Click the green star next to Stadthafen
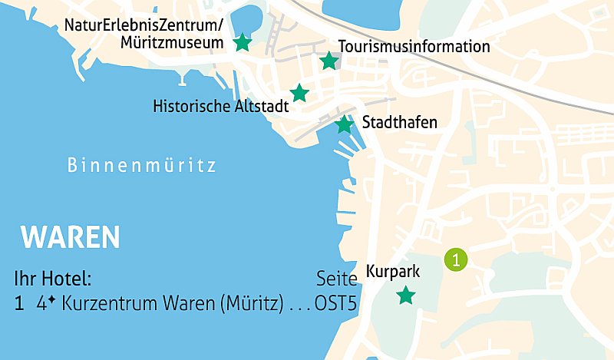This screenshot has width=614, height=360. pos(345,124)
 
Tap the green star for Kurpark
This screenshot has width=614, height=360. pos(406,295)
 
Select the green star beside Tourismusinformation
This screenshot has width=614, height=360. pos(328,61)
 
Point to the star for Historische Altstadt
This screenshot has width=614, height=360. pos(299,93)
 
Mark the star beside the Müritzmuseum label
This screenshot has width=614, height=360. pos(242,42)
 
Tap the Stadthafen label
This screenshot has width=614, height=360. pos(399,122)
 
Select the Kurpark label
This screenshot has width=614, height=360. pos(392,271)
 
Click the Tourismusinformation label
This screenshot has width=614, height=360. pos(414,47)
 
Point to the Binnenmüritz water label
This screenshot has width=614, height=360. pos(142,165)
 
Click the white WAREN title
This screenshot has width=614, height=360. pos(71,237)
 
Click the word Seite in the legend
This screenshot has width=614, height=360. pos(337,278)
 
